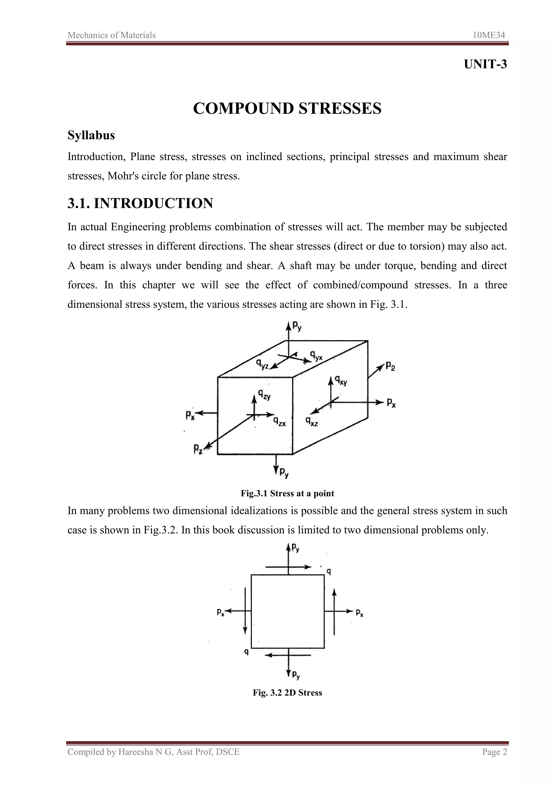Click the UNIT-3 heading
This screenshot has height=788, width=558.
[x=485, y=64]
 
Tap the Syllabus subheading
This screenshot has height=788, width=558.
[x=91, y=135]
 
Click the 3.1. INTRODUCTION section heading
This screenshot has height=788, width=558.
[x=140, y=203]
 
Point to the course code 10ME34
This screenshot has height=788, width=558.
[x=489, y=35]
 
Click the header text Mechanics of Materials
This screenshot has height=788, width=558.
[x=112, y=35]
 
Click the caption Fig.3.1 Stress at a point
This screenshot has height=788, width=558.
[x=287, y=493]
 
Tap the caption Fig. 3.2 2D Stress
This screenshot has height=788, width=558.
[x=287, y=692]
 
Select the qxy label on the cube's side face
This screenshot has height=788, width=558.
[x=341, y=381]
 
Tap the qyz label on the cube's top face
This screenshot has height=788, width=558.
[x=262, y=364]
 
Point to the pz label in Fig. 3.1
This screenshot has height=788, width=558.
[x=198, y=448]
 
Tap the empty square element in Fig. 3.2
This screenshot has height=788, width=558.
[x=288, y=611]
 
